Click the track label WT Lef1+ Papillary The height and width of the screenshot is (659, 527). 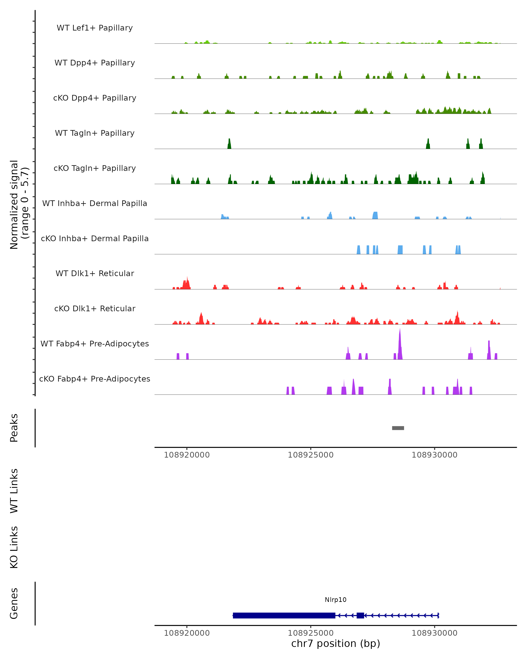tap(95, 28)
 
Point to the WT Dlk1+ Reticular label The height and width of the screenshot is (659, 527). tap(95, 273)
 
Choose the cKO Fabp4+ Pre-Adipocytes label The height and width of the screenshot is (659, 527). tap(95, 379)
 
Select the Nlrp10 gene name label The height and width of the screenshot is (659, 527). tap(336, 600)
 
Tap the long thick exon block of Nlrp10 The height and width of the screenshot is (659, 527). tap(284, 615)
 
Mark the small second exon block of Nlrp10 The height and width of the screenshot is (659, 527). tap(360, 615)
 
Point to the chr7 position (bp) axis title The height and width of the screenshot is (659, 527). tap(336, 643)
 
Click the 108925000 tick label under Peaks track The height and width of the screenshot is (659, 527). tap(311, 455)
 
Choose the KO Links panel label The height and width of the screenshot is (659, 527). tap(14, 547)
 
